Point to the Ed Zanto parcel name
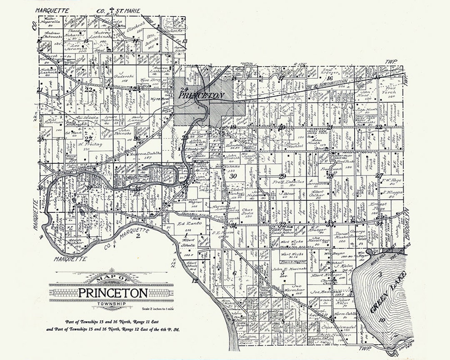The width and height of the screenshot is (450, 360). (187, 224)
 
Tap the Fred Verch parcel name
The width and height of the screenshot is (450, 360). (391, 89)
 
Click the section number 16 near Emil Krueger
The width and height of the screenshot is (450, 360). (329, 78)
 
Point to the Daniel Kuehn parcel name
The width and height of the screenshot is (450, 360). (341, 234)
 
